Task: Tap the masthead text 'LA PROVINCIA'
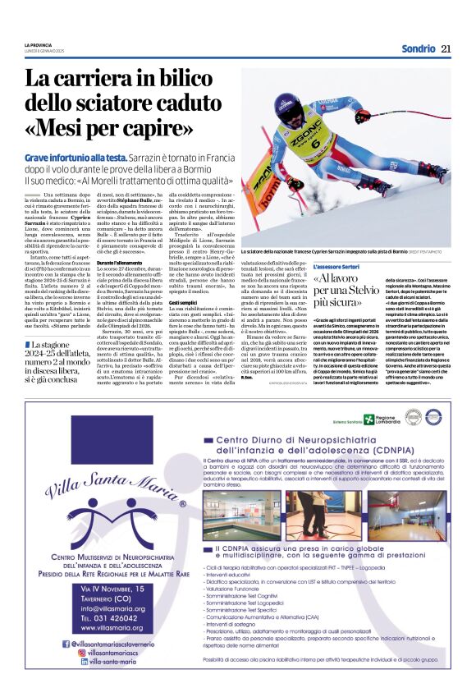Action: coord(39,44)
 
